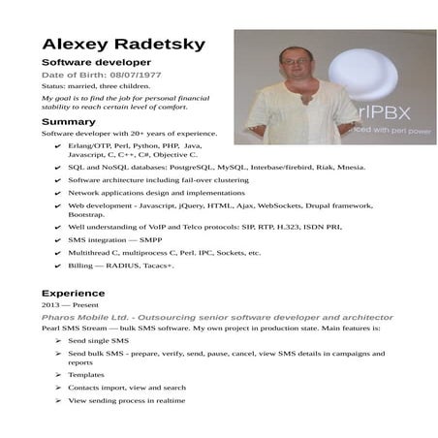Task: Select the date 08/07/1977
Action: (x=136, y=75)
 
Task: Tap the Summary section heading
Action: (x=68, y=121)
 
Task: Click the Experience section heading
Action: (x=74, y=293)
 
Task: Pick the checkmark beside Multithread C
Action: (x=57, y=252)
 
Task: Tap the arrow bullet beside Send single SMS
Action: (x=57, y=341)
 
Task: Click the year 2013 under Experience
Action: (x=50, y=304)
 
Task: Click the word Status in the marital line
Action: (x=54, y=86)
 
